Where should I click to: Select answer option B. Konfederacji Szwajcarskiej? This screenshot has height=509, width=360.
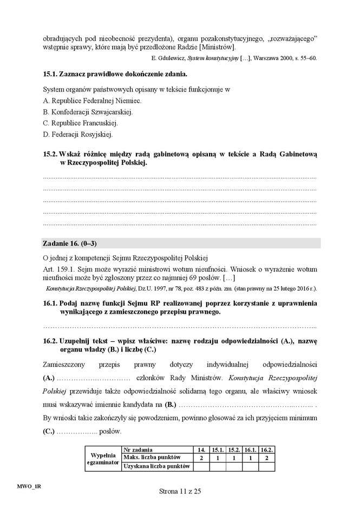[87, 112]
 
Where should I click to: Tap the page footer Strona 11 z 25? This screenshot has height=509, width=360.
[180, 491]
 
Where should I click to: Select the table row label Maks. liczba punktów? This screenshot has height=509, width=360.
[150, 458]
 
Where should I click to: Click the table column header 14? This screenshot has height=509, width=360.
[201, 449]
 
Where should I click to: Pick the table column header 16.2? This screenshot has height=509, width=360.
[267, 449]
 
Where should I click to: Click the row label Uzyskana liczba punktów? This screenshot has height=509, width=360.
[156, 466]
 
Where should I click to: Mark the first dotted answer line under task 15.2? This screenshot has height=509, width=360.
[179, 177]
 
